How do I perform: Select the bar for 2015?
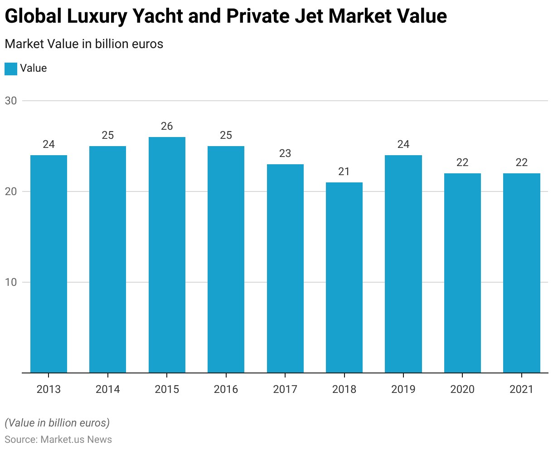pos(167,255)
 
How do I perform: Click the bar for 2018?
pos(344,277)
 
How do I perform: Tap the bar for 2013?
pos(49,264)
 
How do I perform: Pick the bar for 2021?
pos(522,273)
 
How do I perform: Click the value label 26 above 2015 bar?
pos(167,126)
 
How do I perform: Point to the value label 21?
pos(344,172)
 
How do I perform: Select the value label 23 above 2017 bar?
pos(285,153)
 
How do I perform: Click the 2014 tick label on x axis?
pos(108,389)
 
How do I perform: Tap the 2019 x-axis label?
pos(403,389)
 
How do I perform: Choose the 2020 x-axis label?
pos(462,389)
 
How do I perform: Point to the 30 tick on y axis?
pos(11,101)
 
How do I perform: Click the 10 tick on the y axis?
pos(11,282)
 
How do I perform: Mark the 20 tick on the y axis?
pos(11,191)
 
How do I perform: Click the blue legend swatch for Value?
pos(11,69)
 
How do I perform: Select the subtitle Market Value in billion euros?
pos(84,44)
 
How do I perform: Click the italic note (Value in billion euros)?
pos(57,423)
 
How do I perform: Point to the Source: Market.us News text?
pos(58,439)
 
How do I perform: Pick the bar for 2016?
pos(226,259)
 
